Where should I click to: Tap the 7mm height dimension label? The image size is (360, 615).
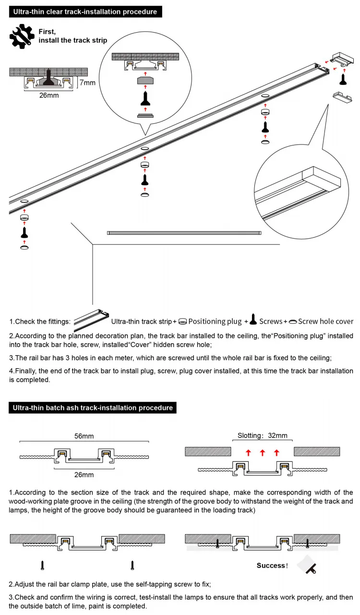pos(87,83)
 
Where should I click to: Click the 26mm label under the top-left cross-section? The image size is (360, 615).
pos(49,95)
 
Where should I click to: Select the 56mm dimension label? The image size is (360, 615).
pos(84,436)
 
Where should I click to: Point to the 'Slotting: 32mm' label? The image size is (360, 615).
pos(263,436)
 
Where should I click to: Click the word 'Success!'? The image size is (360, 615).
pos(272,566)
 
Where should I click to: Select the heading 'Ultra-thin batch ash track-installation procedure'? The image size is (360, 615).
pos(93,408)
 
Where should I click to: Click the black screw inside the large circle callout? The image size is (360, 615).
pos(145,98)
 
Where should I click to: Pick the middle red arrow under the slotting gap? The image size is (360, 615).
pos(262,453)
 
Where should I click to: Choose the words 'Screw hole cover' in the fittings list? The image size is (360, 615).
pos(325,321)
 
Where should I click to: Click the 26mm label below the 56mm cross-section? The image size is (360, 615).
pos(84,475)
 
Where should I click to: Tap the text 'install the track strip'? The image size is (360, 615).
pos(73,40)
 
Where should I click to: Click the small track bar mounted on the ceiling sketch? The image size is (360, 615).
pos(184,233)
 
